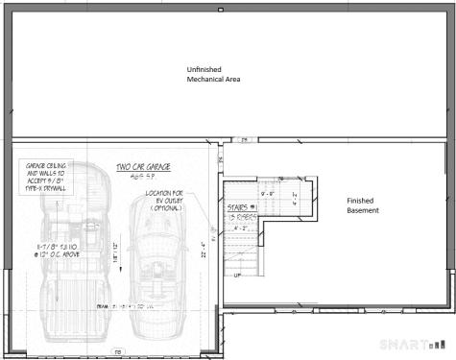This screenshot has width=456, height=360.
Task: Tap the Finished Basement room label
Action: click(x=363, y=205)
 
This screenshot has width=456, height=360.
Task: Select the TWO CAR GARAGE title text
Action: click(x=143, y=168)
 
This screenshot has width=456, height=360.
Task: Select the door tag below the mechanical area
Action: click(x=245, y=139)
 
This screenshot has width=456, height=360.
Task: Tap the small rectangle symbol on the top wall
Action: click(x=222, y=9)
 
